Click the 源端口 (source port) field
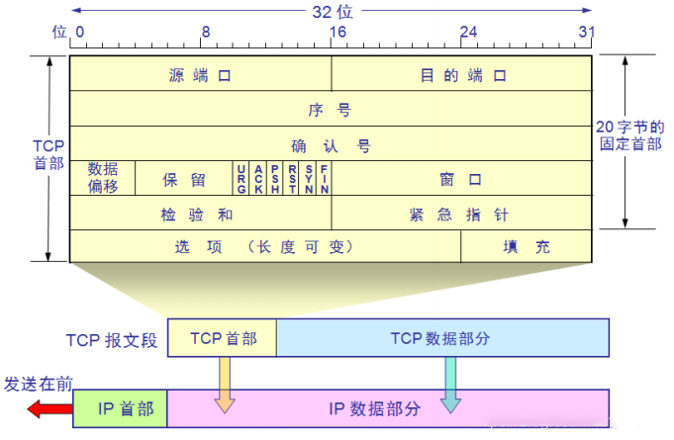[x=200, y=74]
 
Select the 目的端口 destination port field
[x=461, y=74]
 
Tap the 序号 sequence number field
[x=331, y=109]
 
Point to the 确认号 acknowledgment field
[x=331, y=144]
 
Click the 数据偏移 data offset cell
[x=103, y=178]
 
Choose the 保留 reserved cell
[x=184, y=179]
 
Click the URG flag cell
[x=241, y=178]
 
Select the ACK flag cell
[x=258, y=178]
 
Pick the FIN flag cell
[x=324, y=178]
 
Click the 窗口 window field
[x=461, y=179]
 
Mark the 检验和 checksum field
[x=200, y=213]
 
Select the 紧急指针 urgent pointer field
[x=461, y=213]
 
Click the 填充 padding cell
[x=527, y=246]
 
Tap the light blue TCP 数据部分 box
[x=441, y=337]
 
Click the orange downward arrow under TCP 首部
[x=225, y=384]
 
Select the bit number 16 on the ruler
[x=337, y=31]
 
